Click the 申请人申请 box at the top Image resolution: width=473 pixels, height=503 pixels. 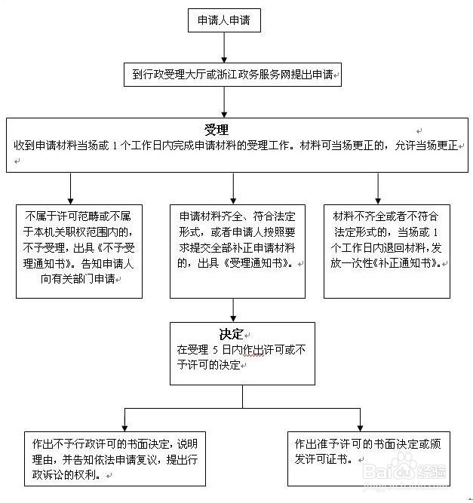click(224, 21)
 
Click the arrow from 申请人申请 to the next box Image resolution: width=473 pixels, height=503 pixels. click(224, 48)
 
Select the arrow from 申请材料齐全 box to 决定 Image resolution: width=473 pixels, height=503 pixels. click(233, 310)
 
